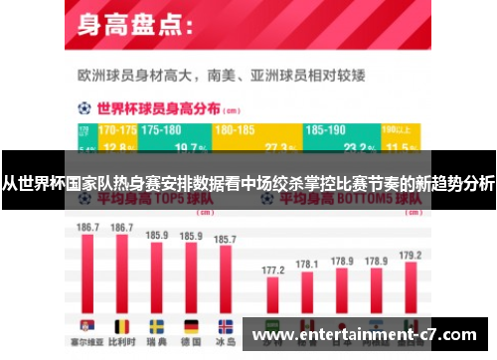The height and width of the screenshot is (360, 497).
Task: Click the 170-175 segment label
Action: (118, 130)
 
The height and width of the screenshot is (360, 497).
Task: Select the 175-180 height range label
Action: (161, 130)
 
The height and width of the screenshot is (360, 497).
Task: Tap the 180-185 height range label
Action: (235, 130)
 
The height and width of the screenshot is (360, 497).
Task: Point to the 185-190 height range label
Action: (326, 130)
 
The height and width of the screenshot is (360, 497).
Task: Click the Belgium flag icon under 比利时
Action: (122, 325)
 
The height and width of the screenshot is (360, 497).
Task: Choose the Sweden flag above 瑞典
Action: (157, 325)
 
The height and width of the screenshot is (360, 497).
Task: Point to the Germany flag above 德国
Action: (191, 325)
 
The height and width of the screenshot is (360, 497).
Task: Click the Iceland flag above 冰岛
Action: (226, 325)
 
